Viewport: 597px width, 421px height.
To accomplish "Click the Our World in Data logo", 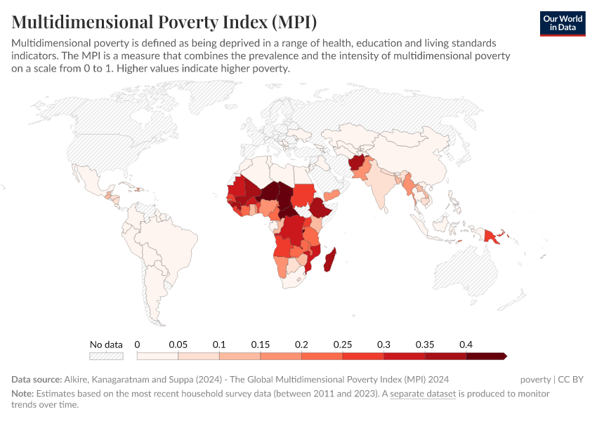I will tap(562, 23).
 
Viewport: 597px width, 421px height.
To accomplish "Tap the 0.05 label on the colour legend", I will tap(178, 345).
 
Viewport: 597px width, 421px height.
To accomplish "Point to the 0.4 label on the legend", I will tap(465, 345).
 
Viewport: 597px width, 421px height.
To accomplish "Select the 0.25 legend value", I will tap(342, 345).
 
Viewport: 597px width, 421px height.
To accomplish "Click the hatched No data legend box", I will tap(106, 356).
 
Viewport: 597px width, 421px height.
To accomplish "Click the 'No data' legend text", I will tap(106, 345).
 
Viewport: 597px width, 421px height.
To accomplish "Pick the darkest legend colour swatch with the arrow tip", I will tap(485, 356).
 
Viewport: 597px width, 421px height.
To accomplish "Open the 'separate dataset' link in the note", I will tap(423, 394).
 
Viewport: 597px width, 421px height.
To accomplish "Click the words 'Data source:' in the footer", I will tap(37, 380).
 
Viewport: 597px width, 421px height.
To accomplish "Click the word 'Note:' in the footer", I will tap(22, 394).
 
